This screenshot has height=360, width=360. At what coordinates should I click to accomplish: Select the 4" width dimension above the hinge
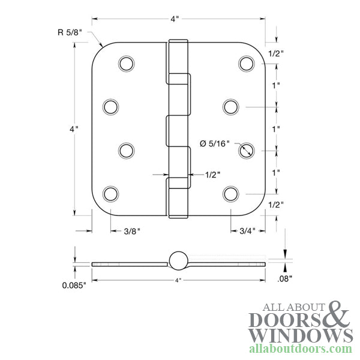pos(175,19)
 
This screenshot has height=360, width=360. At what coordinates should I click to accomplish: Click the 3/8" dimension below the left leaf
pos(130,230)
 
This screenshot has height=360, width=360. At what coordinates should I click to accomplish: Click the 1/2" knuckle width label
pos(212,175)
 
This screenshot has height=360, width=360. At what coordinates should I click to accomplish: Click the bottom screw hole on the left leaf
pos(110,193)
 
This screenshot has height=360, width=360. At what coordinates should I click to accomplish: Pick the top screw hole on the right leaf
pos(245,63)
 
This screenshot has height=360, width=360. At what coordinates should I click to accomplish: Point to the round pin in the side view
pos(178,260)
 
